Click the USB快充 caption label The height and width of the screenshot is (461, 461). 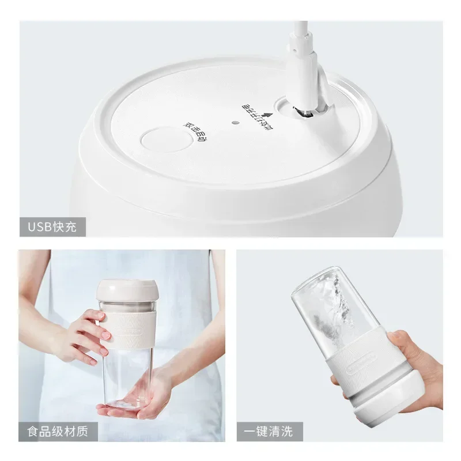52,226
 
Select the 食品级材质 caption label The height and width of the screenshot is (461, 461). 58,431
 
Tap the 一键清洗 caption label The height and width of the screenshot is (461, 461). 269,431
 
